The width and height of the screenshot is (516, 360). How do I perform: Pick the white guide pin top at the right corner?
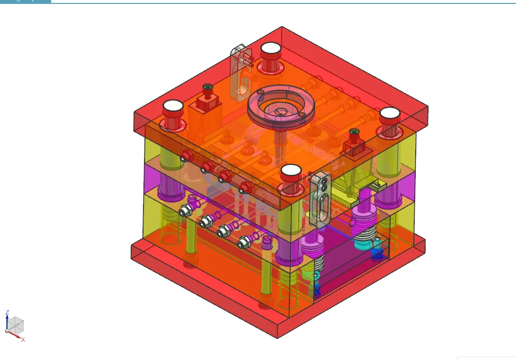click(x=389, y=114)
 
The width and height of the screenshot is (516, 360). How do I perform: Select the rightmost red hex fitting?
click(x=244, y=187)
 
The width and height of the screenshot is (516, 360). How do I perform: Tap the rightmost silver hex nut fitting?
click(x=243, y=242)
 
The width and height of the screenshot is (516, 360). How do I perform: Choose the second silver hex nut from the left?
click(x=205, y=222)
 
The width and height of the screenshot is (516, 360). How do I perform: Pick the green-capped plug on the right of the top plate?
click(x=354, y=132)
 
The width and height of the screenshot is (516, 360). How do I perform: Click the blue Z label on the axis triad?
click(x=7, y=312)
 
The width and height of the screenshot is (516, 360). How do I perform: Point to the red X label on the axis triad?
click(x=23, y=339)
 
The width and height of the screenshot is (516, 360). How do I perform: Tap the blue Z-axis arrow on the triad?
click(x=7, y=322)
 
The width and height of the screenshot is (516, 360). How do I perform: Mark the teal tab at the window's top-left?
click(x=25, y=1)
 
